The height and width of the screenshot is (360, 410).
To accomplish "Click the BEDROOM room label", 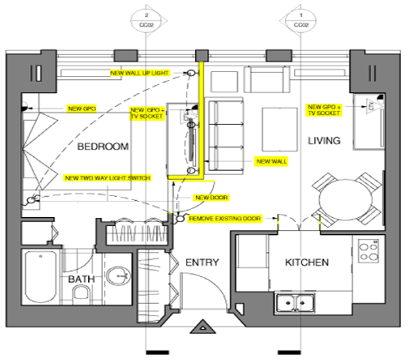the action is (x=103, y=147).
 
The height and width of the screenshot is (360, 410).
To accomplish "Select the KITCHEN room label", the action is (x=307, y=262).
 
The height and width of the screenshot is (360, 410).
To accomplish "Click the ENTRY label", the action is (x=203, y=262).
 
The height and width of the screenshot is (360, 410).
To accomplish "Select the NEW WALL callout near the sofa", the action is (x=271, y=162).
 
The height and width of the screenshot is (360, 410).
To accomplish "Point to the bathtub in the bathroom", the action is (x=40, y=276).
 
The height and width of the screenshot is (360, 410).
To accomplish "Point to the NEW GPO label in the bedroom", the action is (x=81, y=108).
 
